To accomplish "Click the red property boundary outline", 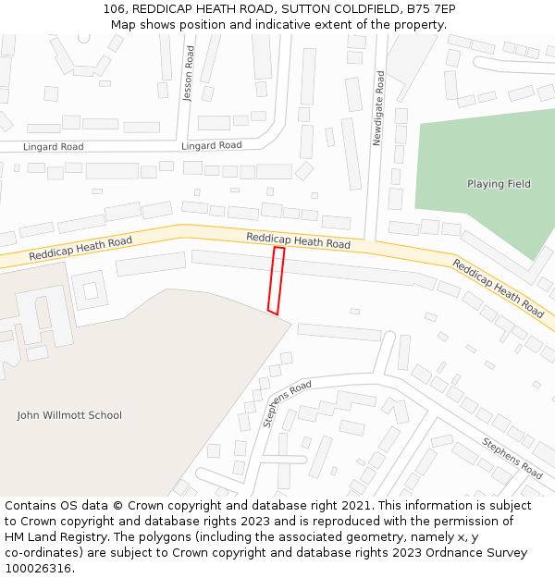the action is pos(274,280).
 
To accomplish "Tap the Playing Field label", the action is pos(499,184).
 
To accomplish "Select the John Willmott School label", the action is pos(69,415).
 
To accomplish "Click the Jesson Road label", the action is pos(189,74).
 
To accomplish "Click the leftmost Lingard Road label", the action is pos(53,147).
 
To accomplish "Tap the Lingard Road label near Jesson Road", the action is pos(211,146).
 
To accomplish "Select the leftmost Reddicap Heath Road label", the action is pos(80,248).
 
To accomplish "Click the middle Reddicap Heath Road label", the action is pos(298,241).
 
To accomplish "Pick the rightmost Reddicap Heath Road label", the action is pos(498,288).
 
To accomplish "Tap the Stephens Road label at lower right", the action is pos(512,458).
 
